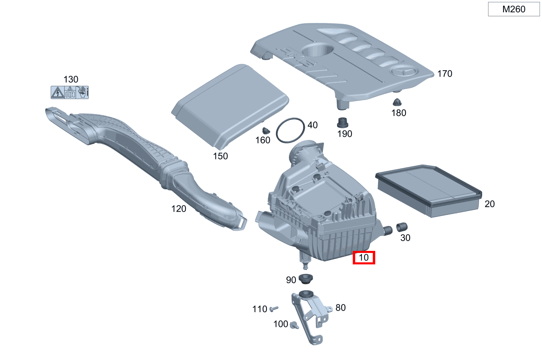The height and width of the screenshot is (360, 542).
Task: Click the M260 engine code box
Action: click(x=514, y=9)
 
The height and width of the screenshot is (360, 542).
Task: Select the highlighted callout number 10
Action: click(x=364, y=258)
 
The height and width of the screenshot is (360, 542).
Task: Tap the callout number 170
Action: click(x=445, y=74)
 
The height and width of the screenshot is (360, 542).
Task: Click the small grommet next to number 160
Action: click(x=267, y=130)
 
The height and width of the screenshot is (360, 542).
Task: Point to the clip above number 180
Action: click(x=396, y=101)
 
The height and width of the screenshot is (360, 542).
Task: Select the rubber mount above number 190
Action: click(x=342, y=122)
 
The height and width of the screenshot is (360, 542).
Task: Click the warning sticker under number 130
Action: click(x=69, y=92)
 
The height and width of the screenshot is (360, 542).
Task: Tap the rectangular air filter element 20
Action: click(x=428, y=190)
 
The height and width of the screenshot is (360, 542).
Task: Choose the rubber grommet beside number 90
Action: click(x=305, y=280)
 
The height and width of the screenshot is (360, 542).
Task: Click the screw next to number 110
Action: click(x=273, y=308)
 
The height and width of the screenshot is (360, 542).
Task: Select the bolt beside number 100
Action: click(x=293, y=325)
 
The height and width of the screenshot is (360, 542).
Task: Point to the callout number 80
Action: click(x=340, y=308)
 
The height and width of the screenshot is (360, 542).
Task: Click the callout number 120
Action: click(x=179, y=209)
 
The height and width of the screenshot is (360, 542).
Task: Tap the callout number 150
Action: click(x=220, y=156)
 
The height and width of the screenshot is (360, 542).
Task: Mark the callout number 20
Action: click(x=489, y=204)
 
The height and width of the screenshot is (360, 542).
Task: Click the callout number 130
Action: click(x=70, y=79)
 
